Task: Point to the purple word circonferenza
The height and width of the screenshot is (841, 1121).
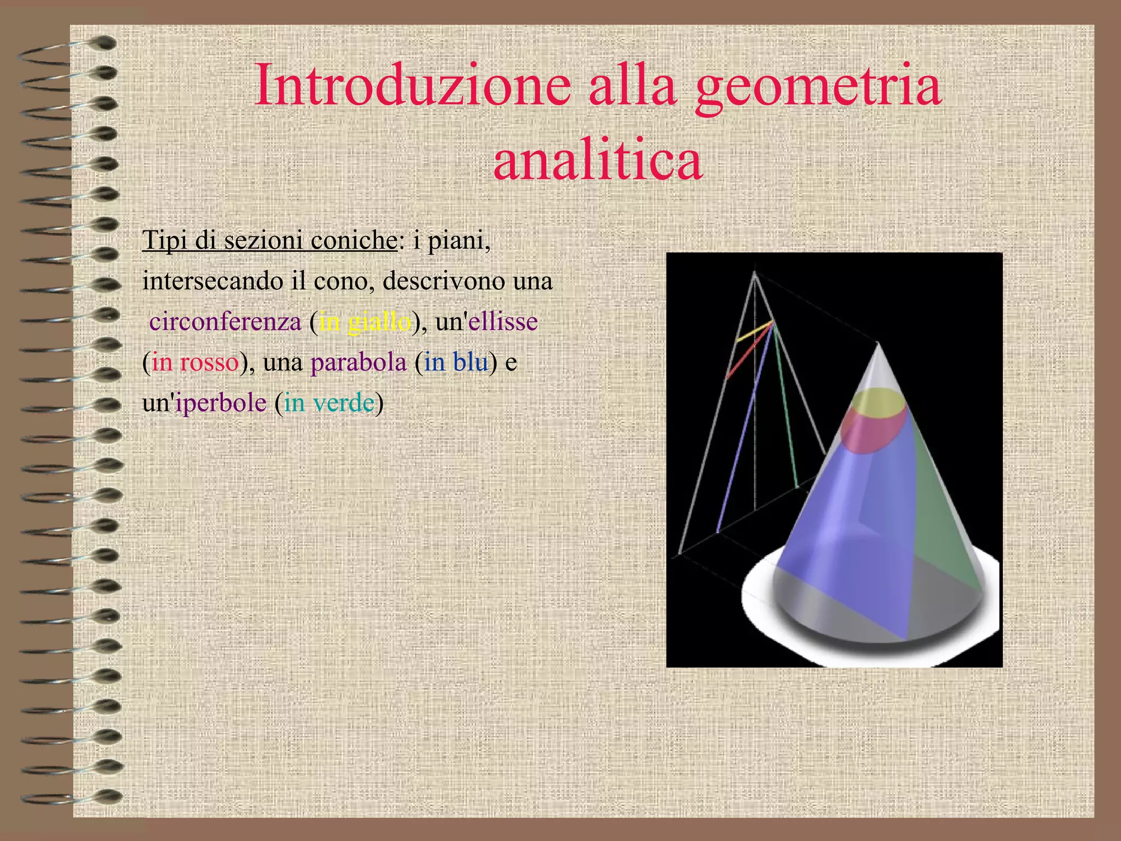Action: [x=225, y=321]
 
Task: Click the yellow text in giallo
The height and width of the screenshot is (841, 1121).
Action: [x=365, y=321]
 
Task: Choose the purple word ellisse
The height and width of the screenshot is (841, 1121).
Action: [x=503, y=321]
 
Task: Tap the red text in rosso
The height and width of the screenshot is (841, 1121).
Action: [x=195, y=362]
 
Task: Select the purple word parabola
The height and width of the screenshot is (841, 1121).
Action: [x=359, y=362]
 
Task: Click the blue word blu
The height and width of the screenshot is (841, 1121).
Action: [x=470, y=362]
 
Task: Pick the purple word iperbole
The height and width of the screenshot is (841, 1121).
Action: [x=221, y=403]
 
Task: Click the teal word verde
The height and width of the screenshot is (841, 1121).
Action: [x=344, y=403]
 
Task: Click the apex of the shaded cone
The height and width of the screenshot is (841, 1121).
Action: [x=878, y=344]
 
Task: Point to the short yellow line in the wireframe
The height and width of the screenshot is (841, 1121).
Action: [x=754, y=332]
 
